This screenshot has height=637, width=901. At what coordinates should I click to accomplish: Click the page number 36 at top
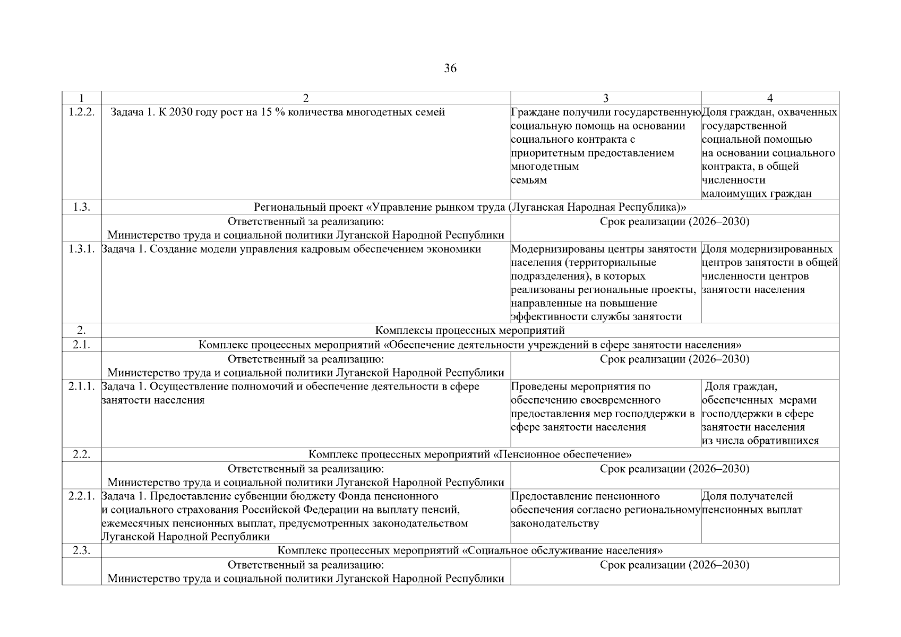tap(450, 68)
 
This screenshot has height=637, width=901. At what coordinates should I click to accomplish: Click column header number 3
tap(606, 98)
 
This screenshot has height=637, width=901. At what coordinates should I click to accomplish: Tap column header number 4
tap(770, 98)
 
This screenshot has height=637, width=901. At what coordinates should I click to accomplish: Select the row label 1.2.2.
tap(81, 113)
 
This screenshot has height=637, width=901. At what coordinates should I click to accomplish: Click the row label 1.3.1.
tap(81, 249)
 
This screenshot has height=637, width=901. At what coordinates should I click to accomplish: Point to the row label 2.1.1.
tap(81, 386)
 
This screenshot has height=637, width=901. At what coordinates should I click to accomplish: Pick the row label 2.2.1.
tap(81, 496)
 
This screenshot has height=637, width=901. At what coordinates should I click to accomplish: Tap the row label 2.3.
tap(81, 550)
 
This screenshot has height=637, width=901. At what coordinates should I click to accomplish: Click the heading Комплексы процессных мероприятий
tap(470, 331)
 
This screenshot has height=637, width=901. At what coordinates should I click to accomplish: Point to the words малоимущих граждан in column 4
tap(756, 194)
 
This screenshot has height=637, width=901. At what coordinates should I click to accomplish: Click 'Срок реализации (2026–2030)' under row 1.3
tap(674, 222)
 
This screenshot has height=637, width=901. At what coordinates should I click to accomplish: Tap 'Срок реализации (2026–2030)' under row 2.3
tap(674, 565)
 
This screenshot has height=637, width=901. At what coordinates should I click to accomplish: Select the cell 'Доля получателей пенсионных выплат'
tap(752, 503)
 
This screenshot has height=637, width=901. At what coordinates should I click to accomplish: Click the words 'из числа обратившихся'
tap(760, 441)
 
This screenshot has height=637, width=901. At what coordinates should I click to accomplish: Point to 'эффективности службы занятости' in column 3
tap(596, 317)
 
